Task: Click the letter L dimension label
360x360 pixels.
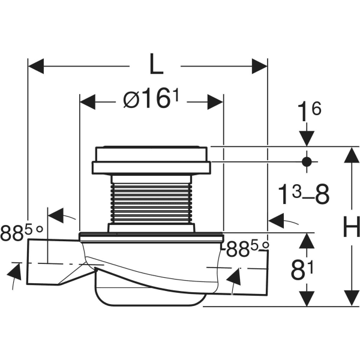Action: pos(156,64)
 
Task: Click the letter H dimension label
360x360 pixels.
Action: pos(352,226)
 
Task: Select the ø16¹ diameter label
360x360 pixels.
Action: pos(151,100)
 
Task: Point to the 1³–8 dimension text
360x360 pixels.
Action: pos(304,194)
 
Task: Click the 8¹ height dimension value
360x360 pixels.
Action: pos(302,270)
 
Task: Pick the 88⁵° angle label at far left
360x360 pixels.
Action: pos(22,232)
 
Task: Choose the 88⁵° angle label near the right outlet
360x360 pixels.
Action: pos(247,249)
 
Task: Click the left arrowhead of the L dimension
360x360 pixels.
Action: pos(36,66)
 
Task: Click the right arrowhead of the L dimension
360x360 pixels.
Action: pos(260,66)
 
